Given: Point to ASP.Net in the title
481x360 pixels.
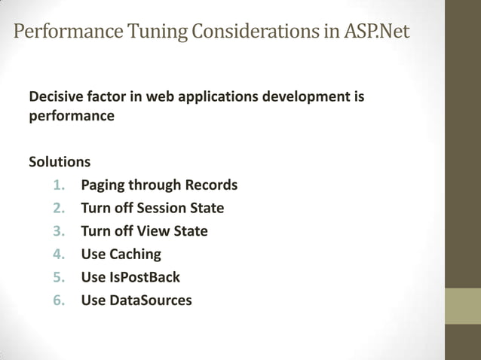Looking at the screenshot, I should pos(369,33).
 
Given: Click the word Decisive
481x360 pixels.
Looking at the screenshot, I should pos(55,97).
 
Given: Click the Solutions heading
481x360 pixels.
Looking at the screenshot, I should pos(60,162).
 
